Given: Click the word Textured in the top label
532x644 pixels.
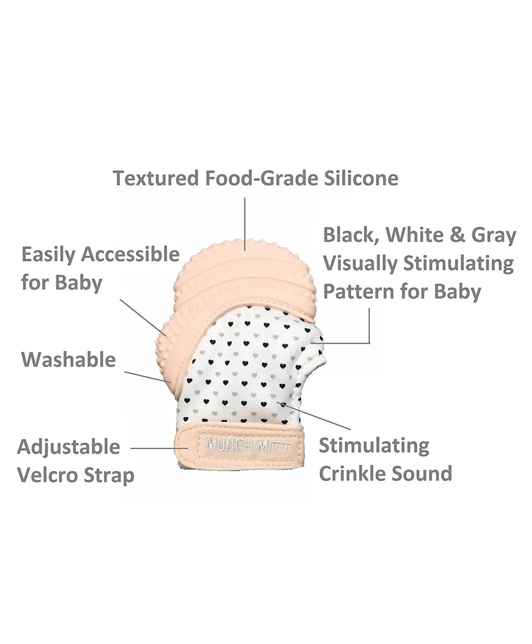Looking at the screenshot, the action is [156, 178].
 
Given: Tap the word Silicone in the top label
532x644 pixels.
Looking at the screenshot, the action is [361, 178].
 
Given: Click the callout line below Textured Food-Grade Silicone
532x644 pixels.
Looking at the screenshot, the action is [245, 224].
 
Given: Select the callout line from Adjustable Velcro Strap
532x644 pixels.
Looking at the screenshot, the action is [160, 448].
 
